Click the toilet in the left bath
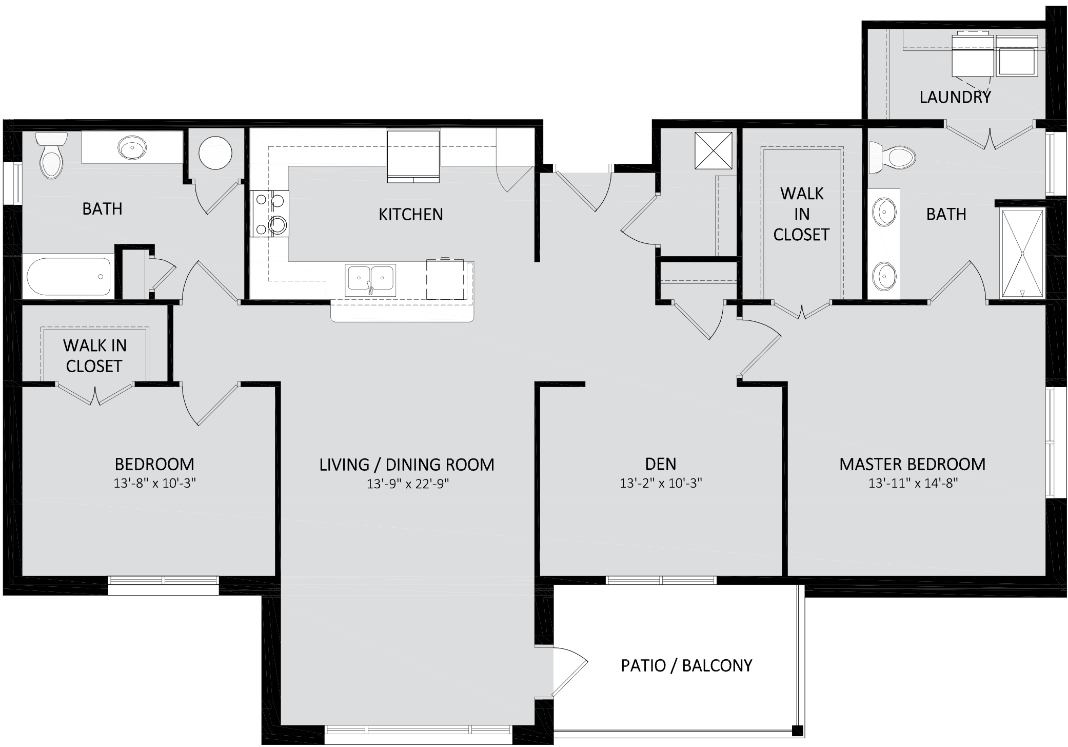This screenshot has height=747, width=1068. tap(51, 155)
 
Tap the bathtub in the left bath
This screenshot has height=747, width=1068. tap(69, 276)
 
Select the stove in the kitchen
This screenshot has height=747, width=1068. tap(270, 214)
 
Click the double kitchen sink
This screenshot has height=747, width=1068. tap(370, 280)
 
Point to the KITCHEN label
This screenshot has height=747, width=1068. tap(410, 214)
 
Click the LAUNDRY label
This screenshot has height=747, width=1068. tap(955, 97)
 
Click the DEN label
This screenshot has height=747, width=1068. tap(661, 464)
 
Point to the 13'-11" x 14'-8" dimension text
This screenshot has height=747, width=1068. tap(913, 483)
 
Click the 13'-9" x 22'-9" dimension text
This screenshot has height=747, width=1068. tap(408, 484)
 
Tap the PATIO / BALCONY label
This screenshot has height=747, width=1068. tap(686, 665)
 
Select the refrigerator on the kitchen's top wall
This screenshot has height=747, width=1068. tap(413, 157)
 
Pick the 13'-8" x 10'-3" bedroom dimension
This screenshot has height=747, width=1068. tap(155, 483)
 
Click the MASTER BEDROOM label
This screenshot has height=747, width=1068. tap(913, 464)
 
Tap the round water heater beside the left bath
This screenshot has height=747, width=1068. tap(215, 153)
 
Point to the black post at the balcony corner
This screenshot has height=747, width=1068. tap(797, 731)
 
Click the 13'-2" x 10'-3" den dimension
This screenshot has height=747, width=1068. tap(661, 483)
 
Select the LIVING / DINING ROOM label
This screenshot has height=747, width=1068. tap(407, 465)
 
